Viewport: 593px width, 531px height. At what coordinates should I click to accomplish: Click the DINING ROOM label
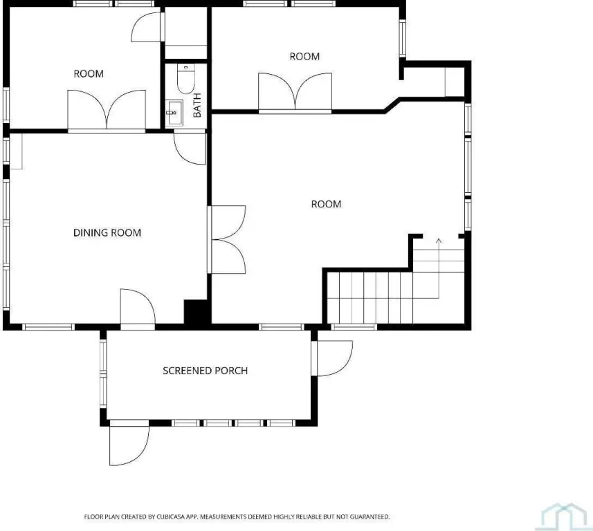click(107, 233)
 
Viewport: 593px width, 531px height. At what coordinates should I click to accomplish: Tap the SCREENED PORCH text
click(206, 371)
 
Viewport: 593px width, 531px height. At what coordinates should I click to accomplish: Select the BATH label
click(197, 105)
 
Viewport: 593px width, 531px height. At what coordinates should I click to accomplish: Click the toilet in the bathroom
click(185, 78)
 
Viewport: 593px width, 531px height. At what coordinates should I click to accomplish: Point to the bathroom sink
click(174, 113)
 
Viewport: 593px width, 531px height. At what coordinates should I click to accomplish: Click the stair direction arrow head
click(439, 241)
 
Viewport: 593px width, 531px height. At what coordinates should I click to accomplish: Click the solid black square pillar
click(195, 312)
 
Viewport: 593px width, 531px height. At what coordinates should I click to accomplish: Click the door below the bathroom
click(190, 148)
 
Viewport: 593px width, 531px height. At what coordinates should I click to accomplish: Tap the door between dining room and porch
click(138, 307)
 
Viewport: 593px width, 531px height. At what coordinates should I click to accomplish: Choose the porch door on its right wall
click(333, 358)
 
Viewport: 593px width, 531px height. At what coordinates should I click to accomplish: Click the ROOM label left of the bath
click(89, 74)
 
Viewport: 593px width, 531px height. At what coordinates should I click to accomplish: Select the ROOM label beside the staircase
click(326, 204)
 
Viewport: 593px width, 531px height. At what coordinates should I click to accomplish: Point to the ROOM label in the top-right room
click(304, 57)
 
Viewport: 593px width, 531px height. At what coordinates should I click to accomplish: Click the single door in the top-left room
click(147, 27)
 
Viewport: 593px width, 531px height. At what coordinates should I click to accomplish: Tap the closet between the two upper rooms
click(186, 32)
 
